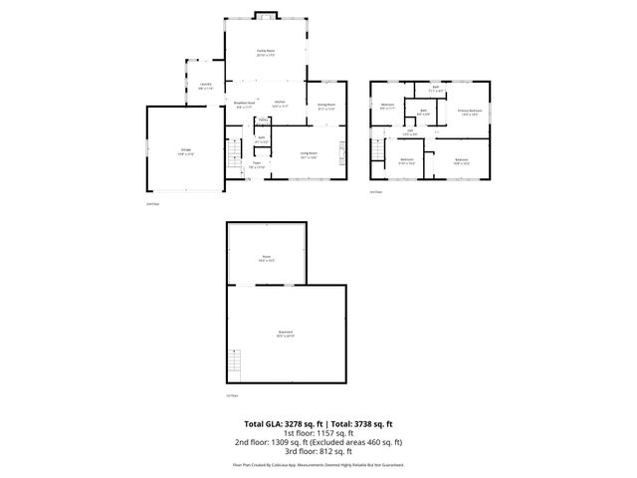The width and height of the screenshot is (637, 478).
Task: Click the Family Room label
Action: (x=266, y=51)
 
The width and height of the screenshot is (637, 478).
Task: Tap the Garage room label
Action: (x=185, y=152)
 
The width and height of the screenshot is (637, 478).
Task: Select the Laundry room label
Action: (x=206, y=86)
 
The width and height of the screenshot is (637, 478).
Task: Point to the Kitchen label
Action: (x=281, y=104)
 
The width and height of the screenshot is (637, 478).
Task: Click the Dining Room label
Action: (x=325, y=105)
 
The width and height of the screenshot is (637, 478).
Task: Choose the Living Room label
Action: (x=309, y=154)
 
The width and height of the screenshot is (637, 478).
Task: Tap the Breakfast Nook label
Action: (x=245, y=104)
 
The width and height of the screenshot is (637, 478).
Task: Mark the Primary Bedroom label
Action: (x=469, y=113)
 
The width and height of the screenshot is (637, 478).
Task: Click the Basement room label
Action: (x=285, y=334)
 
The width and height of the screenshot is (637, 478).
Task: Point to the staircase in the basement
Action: (x=235, y=365)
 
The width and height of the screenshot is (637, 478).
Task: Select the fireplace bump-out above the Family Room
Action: (x=266, y=15)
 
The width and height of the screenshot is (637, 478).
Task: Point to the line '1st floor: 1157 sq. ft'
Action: (x=318, y=433)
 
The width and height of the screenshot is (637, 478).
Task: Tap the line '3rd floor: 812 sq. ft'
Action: (x=318, y=451)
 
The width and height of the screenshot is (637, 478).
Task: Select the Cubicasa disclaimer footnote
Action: (x=318, y=464)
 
